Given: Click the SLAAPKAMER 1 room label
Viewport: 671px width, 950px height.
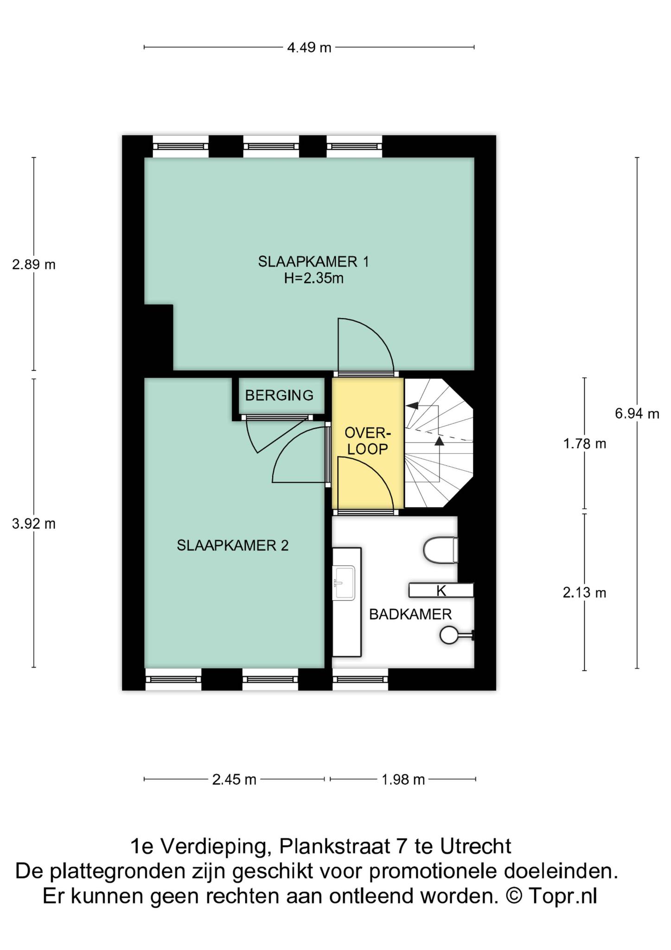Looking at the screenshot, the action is [x=313, y=262].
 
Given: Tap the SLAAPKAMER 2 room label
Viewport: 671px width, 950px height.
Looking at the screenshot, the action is [x=233, y=546].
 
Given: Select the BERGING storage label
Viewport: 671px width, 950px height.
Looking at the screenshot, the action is [x=279, y=396].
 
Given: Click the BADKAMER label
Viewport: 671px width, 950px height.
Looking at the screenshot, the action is [x=410, y=615].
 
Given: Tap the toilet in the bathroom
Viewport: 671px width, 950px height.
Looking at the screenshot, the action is [x=441, y=550].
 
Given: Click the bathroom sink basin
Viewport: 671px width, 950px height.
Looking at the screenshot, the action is [x=344, y=583].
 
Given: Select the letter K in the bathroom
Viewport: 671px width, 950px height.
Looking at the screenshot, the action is [x=441, y=591].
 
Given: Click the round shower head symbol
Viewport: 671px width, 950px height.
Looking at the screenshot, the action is [x=448, y=635].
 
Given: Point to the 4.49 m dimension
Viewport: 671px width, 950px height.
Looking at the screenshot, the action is [x=309, y=47].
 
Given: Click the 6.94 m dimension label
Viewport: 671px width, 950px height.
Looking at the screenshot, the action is [x=637, y=413].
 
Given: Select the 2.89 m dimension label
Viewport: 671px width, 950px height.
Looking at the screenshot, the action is [x=34, y=264].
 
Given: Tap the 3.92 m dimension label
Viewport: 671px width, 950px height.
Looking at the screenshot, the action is [x=34, y=524].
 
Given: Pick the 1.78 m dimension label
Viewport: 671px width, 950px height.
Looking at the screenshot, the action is [x=585, y=444].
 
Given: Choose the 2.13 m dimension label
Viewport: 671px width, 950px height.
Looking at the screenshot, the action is [x=585, y=593].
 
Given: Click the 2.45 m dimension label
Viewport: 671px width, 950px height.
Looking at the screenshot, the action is [x=234, y=780].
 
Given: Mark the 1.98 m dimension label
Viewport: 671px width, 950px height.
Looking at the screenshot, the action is [x=403, y=780].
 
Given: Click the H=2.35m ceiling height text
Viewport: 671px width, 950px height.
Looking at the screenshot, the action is [x=314, y=279].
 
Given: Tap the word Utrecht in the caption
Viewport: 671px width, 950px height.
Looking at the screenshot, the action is [x=476, y=846].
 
